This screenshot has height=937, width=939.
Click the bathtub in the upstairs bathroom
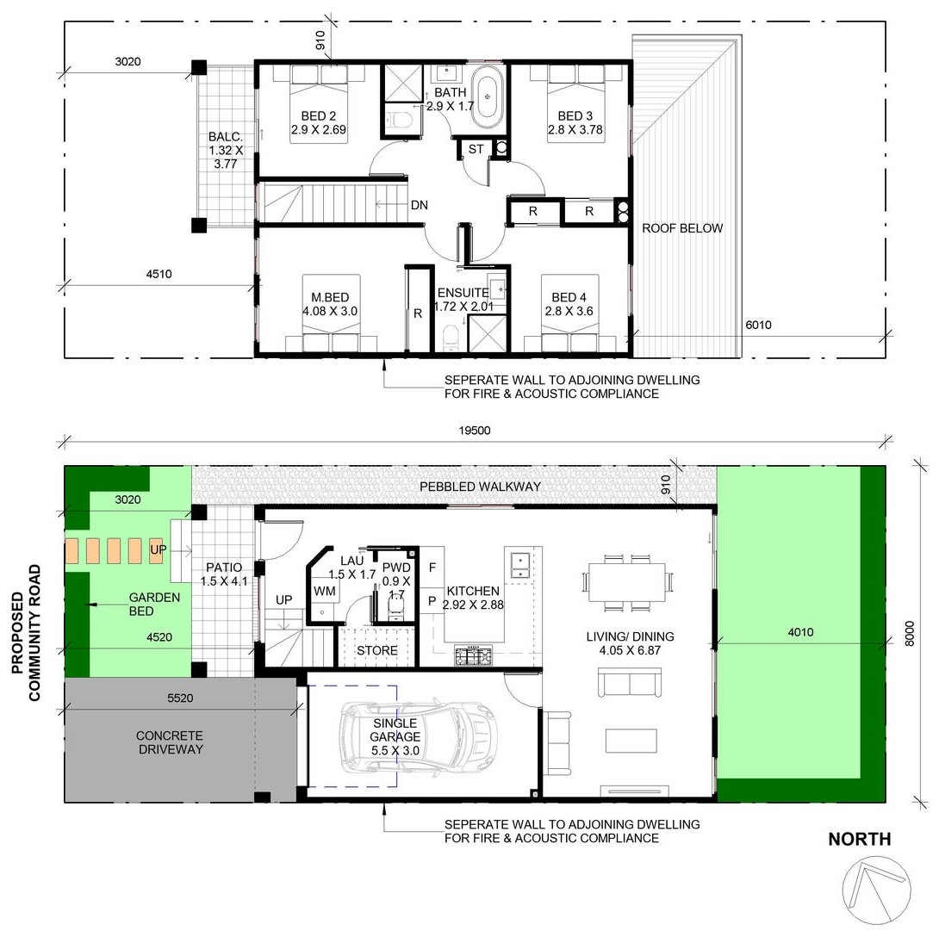pos(488,97)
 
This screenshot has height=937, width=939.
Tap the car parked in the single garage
pos(419,735)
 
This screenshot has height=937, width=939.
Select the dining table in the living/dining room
pos(626,582)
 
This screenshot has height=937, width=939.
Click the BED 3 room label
pos(575,115)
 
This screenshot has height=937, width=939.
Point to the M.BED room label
pos(330,298)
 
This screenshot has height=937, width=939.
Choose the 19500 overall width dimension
pos(475,431)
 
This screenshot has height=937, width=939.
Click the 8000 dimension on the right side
pos(910,634)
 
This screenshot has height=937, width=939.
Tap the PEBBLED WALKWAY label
pos(481,487)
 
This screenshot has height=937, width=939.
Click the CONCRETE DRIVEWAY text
pos(171,742)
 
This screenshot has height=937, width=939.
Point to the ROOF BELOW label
pos(682,228)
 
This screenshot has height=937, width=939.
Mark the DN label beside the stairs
pos(420,205)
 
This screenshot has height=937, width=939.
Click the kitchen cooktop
pos(473,655)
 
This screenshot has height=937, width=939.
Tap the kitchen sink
pos(519,565)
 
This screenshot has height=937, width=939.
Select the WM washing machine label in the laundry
pos(325,592)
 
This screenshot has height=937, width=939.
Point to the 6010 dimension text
pos(758,325)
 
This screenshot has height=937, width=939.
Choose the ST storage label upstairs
pos(476,149)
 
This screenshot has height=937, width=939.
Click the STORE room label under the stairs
pos(376,651)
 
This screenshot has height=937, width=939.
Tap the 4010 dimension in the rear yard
pos(800,632)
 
